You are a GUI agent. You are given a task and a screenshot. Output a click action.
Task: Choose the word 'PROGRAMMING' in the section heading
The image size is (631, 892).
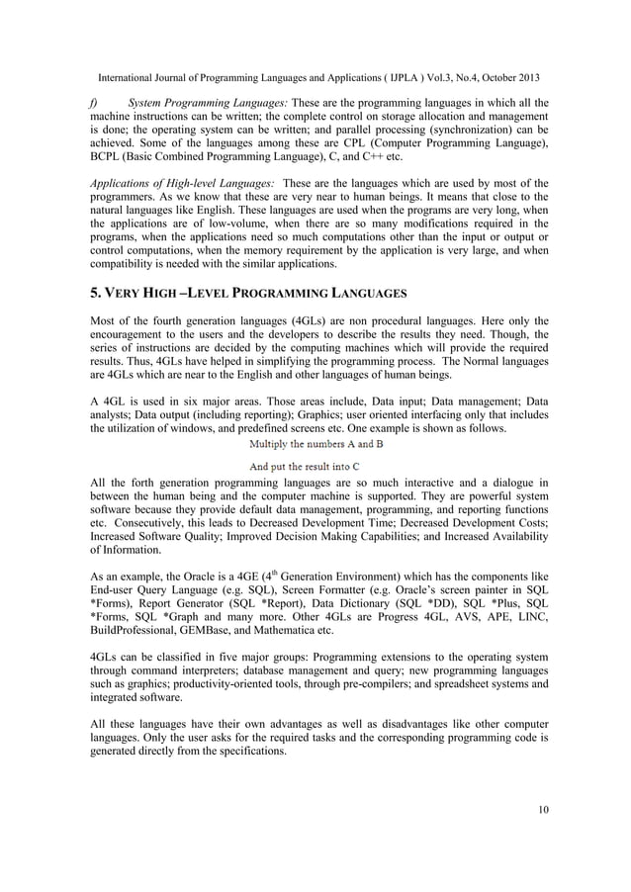click(308, 295)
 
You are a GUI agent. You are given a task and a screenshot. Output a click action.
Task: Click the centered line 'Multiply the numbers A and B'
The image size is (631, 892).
click(315, 443)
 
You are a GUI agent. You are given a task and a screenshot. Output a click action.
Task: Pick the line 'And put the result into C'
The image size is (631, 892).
click(315, 465)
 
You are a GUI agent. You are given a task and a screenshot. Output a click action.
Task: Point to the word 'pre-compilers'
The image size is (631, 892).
click(380, 682)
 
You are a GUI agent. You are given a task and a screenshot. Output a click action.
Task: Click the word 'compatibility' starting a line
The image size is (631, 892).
click(124, 264)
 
